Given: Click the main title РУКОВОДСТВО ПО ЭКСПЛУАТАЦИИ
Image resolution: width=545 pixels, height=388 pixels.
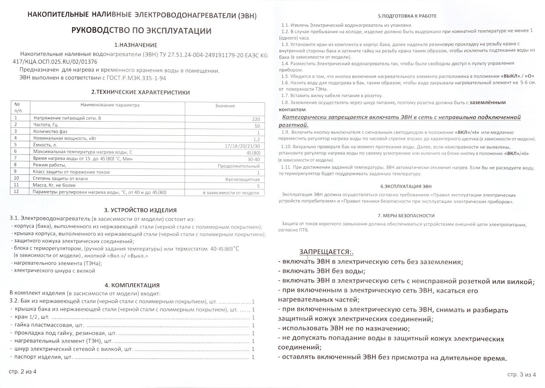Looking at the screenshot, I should pos(141,31).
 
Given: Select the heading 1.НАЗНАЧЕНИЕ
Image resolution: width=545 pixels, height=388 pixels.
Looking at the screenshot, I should pos(136,45).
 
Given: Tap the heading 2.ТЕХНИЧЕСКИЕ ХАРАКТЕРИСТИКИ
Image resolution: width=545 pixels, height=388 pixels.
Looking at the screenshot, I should pos(141,92).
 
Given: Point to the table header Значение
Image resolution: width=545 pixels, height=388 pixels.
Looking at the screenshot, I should pos(225,106).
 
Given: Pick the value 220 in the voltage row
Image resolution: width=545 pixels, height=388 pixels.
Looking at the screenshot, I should pos(256,119).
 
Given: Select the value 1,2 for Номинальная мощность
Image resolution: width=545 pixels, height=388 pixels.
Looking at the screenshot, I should pos(256,140).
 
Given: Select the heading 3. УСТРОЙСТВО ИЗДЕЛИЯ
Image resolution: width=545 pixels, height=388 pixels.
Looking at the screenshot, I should pos(140,210).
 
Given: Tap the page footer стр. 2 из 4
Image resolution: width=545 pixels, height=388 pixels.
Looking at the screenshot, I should pos(23,371).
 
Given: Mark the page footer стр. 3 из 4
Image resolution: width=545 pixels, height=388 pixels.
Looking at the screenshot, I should pos(521,374).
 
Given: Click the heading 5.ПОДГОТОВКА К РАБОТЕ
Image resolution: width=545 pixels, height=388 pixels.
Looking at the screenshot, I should pos(407,16).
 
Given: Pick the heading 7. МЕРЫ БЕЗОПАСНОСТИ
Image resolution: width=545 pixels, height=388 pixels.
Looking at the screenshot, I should pos(406,216).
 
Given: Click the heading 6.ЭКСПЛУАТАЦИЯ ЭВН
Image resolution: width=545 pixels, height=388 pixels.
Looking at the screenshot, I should pos(406,186).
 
